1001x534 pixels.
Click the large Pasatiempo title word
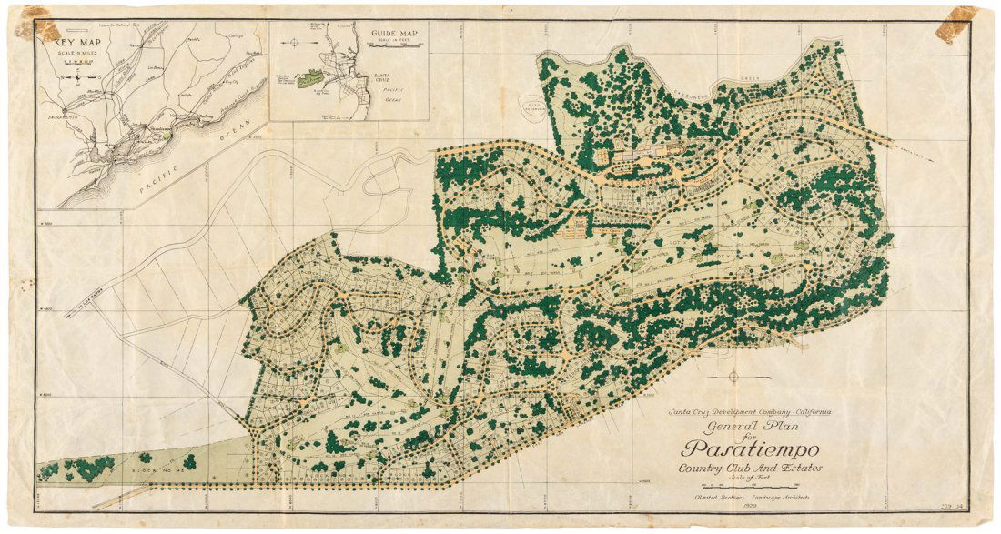tap(751, 450)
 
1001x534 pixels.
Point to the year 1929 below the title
tap(751, 506)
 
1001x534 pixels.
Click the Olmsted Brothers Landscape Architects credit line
tap(751, 497)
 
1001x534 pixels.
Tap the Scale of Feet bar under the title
tap(751, 485)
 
